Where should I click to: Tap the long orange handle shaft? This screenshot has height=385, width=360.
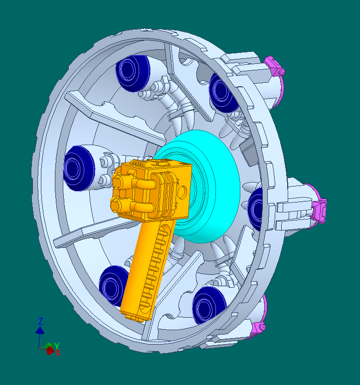[x=147, y=265]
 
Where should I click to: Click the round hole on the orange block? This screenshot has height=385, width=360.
[x=182, y=192]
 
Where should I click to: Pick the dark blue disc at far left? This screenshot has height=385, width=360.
[x=79, y=168]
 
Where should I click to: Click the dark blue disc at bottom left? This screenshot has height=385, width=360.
[x=113, y=286]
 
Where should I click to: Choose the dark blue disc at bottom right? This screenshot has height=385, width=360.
[x=208, y=306]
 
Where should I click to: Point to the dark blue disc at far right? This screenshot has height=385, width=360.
[x=255, y=208]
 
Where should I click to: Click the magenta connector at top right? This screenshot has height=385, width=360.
[x=276, y=66]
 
